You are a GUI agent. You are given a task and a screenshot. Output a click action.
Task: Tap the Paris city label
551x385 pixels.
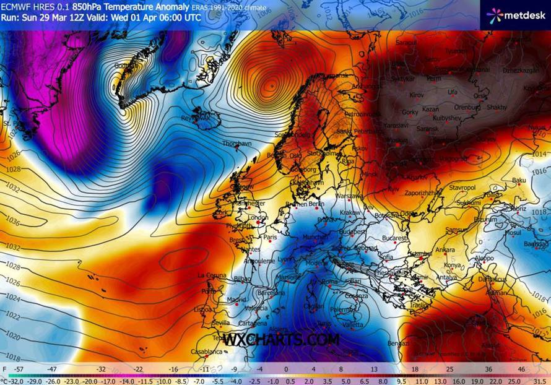click(270, 236)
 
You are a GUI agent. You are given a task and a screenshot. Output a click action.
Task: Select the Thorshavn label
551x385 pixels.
click(238, 144)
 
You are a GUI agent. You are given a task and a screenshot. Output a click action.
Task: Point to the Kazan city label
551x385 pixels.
click(430, 109)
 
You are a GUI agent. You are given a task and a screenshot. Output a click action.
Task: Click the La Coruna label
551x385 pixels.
click(210, 275)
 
